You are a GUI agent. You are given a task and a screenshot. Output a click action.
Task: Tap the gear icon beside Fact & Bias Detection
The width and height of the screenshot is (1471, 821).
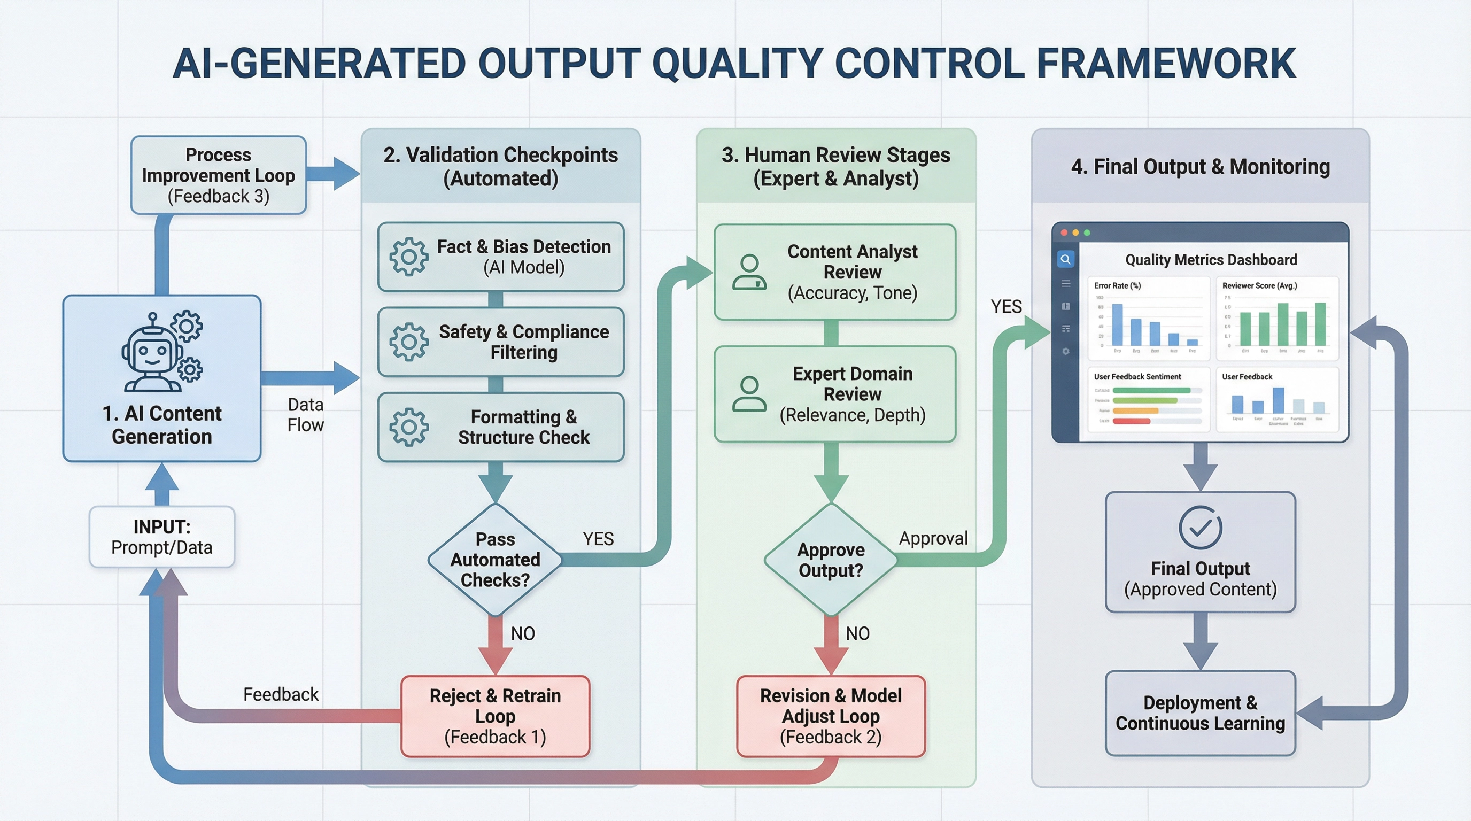pyautogui.click(x=409, y=258)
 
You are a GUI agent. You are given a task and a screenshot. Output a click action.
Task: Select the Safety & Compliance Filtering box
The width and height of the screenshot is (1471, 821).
pyautogui.click(x=501, y=342)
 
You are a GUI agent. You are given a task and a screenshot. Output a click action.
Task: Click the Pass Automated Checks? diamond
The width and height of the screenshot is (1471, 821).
pyautogui.click(x=495, y=560)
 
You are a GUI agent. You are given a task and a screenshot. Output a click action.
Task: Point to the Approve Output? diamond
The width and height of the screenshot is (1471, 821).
pyautogui.click(x=831, y=560)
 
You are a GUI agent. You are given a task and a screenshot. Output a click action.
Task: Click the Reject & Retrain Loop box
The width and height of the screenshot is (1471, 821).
pyautogui.click(x=495, y=716)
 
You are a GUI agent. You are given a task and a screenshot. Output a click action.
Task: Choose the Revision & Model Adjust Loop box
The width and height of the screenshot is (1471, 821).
pyautogui.click(x=831, y=716)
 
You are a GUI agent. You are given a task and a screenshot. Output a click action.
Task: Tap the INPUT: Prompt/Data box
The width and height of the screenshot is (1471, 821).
pyautogui.click(x=161, y=537)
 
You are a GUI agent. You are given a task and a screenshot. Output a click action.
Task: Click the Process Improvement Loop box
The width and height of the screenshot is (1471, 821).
pyautogui.click(x=218, y=175)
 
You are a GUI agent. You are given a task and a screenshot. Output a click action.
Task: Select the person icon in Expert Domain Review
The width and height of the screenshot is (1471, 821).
pyautogui.click(x=749, y=394)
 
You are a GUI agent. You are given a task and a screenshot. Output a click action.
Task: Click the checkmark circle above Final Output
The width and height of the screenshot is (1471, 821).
pyautogui.click(x=1201, y=528)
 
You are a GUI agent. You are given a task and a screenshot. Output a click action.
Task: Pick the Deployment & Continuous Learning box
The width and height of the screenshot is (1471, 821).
pyautogui.click(x=1201, y=712)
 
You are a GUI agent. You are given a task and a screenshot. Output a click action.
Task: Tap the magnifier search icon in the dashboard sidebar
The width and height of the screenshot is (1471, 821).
pyautogui.click(x=1065, y=259)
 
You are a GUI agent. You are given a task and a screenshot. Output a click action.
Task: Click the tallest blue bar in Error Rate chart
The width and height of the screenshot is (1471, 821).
pyautogui.click(x=1118, y=324)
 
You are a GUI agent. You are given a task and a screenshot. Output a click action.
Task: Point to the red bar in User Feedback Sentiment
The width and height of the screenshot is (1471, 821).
pyautogui.click(x=1131, y=421)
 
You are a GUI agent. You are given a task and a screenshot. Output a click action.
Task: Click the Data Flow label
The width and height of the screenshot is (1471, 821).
pyautogui.click(x=306, y=414)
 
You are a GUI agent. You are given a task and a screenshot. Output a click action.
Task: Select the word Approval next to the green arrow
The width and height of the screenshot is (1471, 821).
pyautogui.click(x=933, y=538)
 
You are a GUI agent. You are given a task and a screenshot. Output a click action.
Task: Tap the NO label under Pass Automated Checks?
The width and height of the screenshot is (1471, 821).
pyautogui.click(x=523, y=633)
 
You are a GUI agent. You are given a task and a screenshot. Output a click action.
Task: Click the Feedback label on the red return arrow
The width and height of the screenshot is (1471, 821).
pyautogui.click(x=281, y=694)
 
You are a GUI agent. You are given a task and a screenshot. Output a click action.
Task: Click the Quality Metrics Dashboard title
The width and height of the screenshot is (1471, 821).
pyautogui.click(x=1211, y=260)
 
